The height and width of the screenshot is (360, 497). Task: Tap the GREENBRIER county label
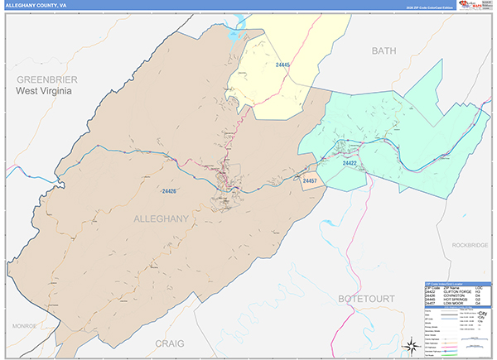click(45, 79)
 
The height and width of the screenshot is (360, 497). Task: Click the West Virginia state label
click(45, 91)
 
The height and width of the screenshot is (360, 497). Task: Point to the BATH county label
click(384, 51)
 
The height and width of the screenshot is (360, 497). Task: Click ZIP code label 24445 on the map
click(283, 65)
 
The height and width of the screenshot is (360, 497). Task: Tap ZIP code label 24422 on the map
click(350, 164)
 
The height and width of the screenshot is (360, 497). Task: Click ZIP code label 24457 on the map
click(310, 180)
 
